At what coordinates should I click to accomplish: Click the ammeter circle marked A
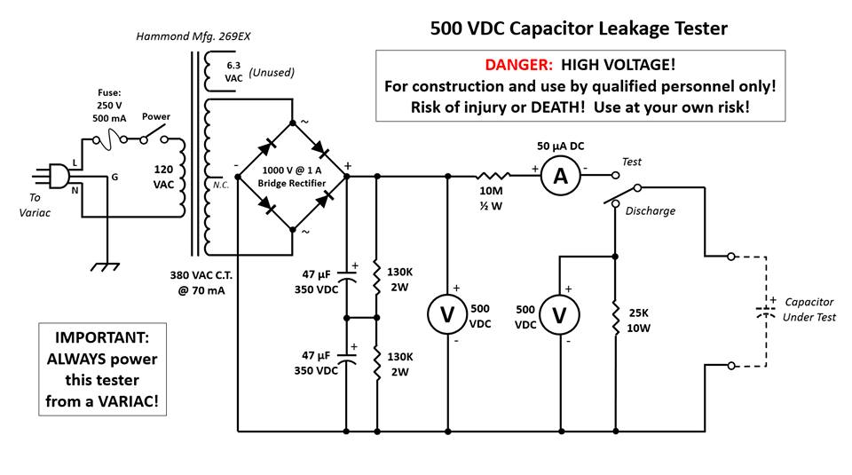point(560,177)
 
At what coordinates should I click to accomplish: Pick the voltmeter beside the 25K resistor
point(560,316)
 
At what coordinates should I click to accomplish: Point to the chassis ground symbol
point(106,265)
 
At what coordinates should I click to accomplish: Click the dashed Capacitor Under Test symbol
point(762,312)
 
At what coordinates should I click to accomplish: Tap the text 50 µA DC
point(561,145)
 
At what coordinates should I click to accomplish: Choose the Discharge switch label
point(650,210)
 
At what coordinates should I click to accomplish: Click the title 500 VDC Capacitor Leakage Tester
point(579,28)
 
